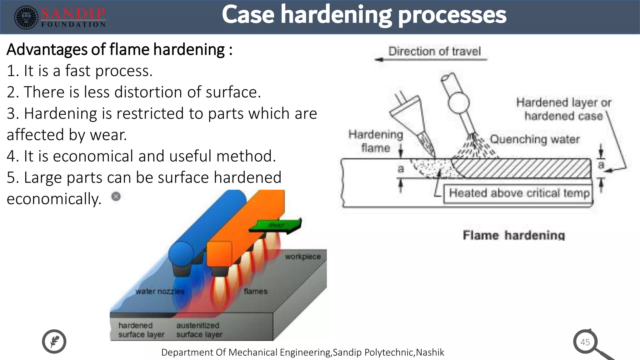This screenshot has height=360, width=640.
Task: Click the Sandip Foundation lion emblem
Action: [x=26, y=17]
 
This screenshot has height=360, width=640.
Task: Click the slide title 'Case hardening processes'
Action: [x=364, y=15]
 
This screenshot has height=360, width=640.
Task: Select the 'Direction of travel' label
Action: [x=434, y=51]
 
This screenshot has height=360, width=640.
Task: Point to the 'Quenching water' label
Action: [x=535, y=139]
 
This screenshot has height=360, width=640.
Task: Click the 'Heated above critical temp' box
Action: [x=518, y=193]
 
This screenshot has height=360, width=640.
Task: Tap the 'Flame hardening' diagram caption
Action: [x=514, y=235]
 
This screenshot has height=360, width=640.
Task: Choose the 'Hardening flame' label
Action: [x=376, y=141]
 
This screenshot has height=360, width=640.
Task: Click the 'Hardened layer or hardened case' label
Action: [x=563, y=109]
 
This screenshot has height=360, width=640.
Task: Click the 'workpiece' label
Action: [x=302, y=257]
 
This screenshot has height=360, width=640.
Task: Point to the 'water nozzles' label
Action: [x=160, y=291]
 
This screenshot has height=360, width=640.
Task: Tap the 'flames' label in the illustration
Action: [x=256, y=291]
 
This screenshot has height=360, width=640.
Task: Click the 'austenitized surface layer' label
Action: [x=199, y=330]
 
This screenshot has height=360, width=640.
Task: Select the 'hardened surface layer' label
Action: [x=141, y=330]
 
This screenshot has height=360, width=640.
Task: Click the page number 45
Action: [x=585, y=342]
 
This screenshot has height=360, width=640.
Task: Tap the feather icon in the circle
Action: [x=54, y=341]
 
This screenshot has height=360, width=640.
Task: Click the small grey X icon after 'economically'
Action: [x=116, y=197]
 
